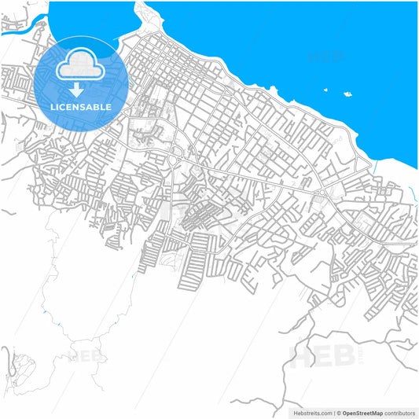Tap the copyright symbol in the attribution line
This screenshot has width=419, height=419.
coord(338,412)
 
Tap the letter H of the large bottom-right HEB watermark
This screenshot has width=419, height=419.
coord(304,355)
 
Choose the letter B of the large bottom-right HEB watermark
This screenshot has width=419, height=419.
coord(347,355)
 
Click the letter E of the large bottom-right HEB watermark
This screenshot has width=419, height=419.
coord(326,355)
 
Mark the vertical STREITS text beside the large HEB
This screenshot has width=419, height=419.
coord(362,355)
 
